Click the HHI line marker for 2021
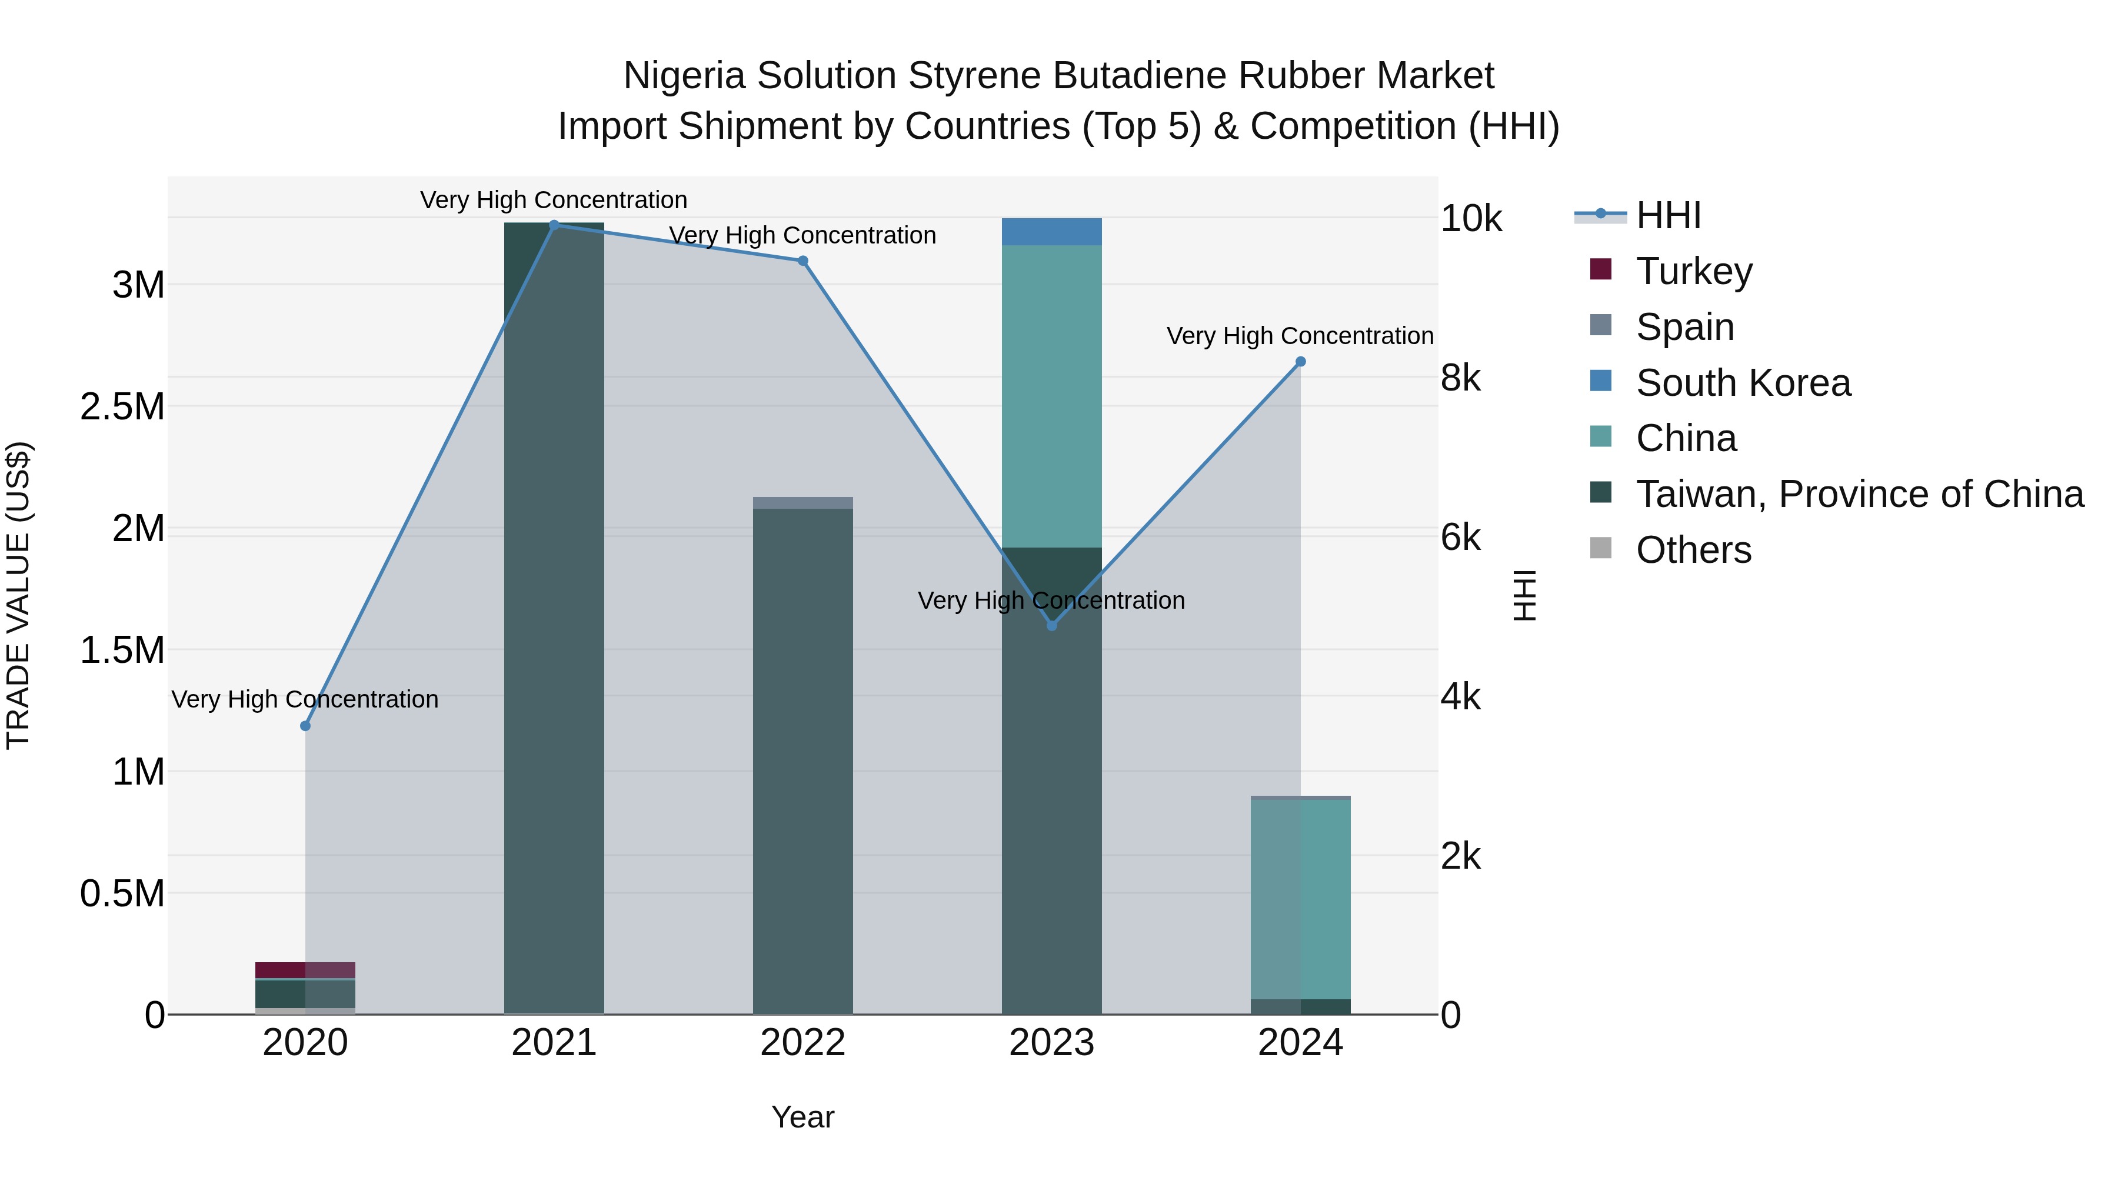(554, 225)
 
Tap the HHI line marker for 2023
(1051, 626)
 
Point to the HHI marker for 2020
(305, 726)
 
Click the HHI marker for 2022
(803, 261)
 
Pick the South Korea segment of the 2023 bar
(1051, 232)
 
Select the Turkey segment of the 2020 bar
(305, 970)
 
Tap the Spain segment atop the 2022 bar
(803, 503)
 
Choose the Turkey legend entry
(1694, 271)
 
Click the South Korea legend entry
(1743, 382)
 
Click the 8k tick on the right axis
(1461, 378)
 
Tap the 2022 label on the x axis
(803, 1043)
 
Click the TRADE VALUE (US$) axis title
(18, 595)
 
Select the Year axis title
(802, 1117)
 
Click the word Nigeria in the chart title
(686, 76)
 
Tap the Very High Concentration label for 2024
(1300, 336)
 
